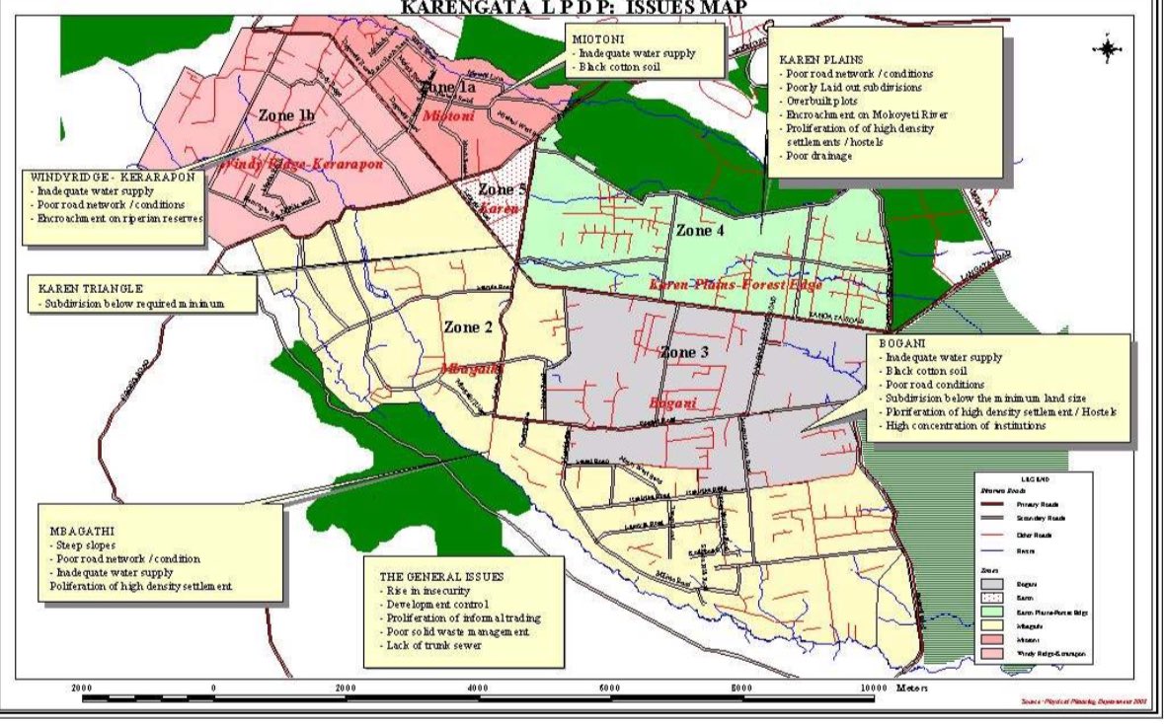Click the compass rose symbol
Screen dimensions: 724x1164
[x=1107, y=48]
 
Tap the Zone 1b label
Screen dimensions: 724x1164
[x=286, y=114]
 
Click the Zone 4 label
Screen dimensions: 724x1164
[x=700, y=230]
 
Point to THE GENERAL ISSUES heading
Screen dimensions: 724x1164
[x=441, y=575]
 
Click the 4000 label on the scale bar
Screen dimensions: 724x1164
[x=477, y=688]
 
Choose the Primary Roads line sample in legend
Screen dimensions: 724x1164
[x=989, y=503]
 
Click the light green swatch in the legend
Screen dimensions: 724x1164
[x=989, y=611]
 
